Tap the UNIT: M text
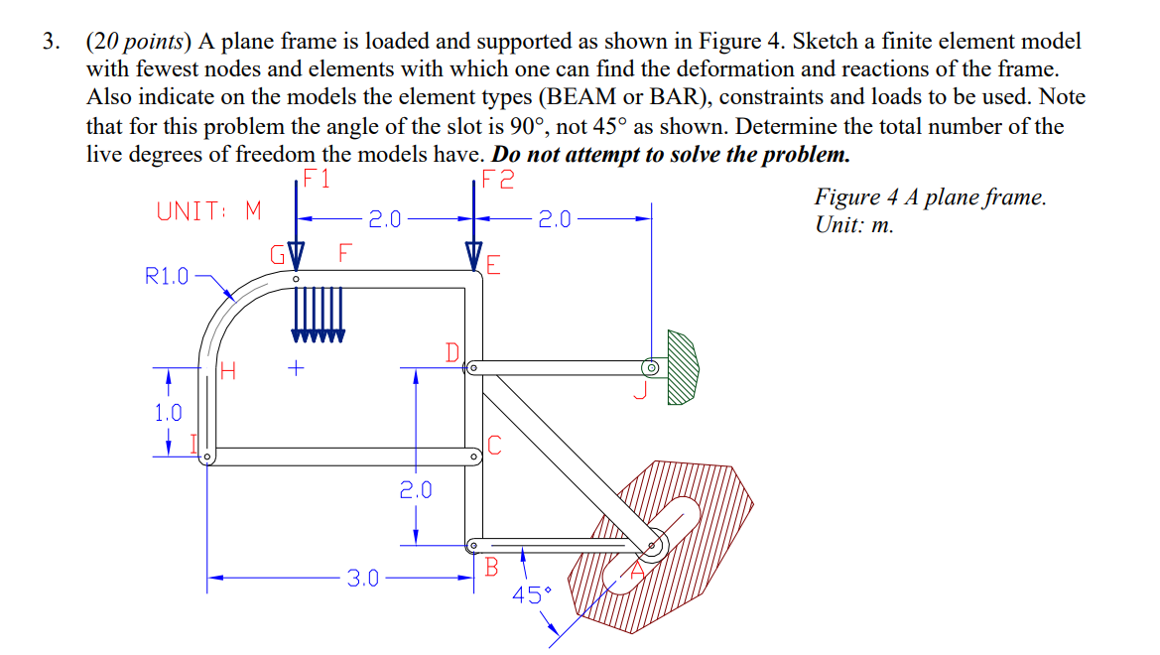[208, 211]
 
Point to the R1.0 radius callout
[167, 276]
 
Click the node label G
[279, 253]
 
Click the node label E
[493, 265]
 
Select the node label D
[452, 352]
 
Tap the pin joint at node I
[207, 458]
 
